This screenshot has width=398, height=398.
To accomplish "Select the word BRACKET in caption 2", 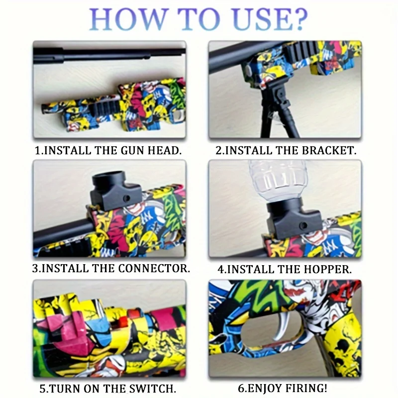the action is [x=327, y=151].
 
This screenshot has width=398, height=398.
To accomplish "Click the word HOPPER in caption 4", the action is [x=327, y=269].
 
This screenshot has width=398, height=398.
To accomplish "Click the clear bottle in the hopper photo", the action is [x=279, y=180].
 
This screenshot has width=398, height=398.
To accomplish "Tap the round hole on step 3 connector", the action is [x=127, y=198].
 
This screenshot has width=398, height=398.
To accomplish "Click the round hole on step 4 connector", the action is [x=303, y=225].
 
